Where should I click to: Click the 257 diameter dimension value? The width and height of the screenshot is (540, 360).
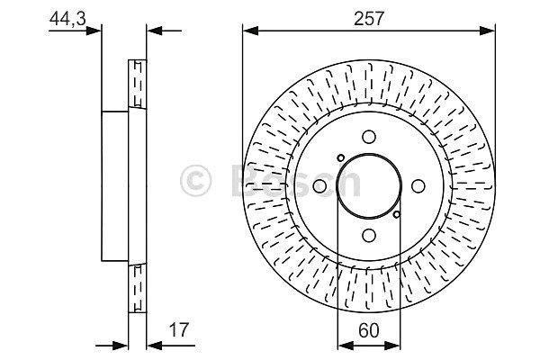pyautogui.click(x=368, y=19)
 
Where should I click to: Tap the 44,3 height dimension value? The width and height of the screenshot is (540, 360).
pyautogui.click(x=67, y=19)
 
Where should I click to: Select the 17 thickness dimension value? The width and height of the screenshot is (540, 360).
pyautogui.click(x=179, y=329)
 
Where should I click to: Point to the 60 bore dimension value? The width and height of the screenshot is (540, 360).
pyautogui.click(x=368, y=330)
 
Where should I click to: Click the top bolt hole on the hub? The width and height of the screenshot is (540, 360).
pyautogui.click(x=369, y=137)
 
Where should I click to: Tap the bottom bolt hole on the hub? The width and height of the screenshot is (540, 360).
pyautogui.click(x=369, y=236)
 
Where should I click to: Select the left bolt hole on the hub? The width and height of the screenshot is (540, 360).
pyautogui.click(x=319, y=186)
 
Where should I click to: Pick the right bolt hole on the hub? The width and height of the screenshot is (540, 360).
pyautogui.click(x=418, y=186)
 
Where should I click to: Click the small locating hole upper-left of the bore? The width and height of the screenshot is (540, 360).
pyautogui.click(x=340, y=157)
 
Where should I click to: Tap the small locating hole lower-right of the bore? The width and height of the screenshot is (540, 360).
pyautogui.click(x=397, y=214)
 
